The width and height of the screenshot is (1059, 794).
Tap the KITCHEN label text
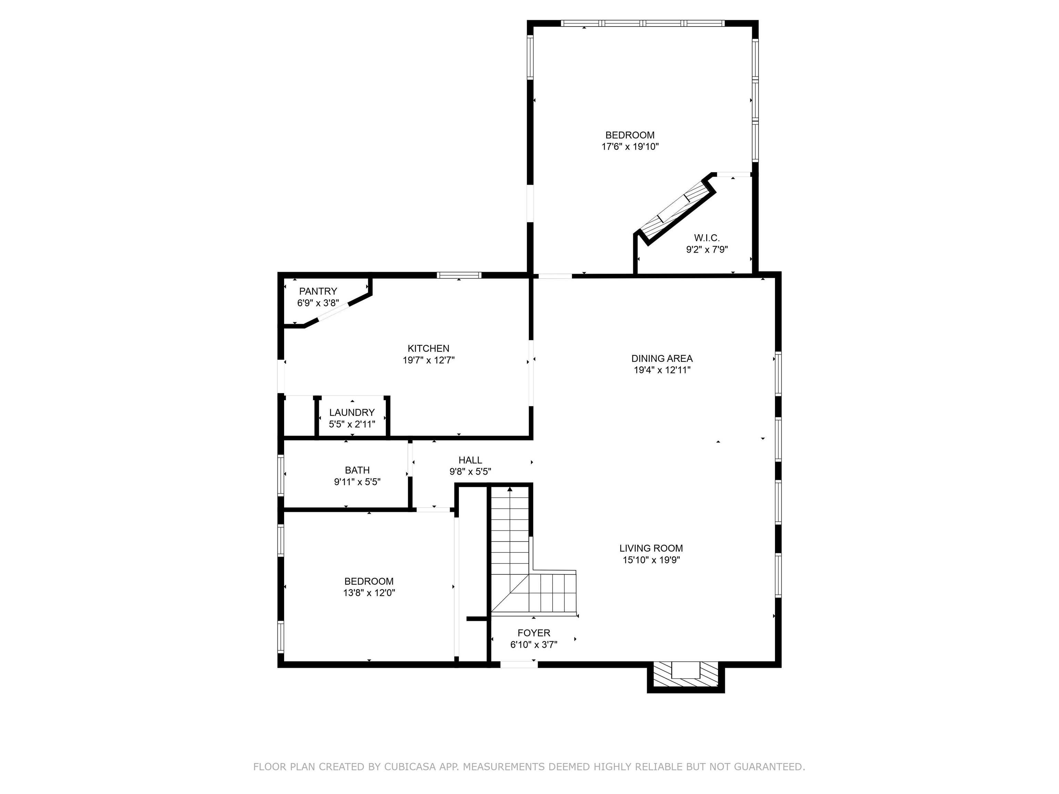point(428,348)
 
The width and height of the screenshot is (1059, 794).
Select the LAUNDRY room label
point(352,412)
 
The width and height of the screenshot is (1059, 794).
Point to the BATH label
point(357,470)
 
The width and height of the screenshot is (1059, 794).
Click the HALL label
point(470,460)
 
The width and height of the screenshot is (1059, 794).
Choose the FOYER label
point(534,633)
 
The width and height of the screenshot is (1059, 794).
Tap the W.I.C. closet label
point(707,238)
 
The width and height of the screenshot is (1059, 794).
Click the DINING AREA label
point(662,358)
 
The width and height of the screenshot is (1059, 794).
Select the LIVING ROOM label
point(651,548)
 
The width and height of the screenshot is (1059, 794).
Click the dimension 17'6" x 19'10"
point(630,146)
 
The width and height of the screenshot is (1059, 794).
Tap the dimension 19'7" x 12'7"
point(428,360)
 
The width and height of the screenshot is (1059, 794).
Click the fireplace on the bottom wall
point(686,675)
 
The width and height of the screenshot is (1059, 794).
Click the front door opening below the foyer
point(518,664)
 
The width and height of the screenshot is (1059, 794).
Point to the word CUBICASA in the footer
point(410,767)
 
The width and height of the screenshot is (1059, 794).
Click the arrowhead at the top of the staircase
point(510,489)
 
